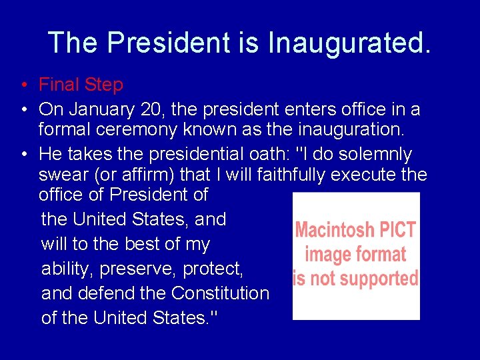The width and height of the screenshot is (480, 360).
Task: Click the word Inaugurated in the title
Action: pyautogui.click(x=349, y=43)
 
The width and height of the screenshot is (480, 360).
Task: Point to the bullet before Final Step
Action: pyautogui.click(x=23, y=85)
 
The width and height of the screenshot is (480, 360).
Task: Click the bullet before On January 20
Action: pyautogui.click(x=23, y=109)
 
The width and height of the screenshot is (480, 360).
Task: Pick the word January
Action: pyautogui.click(x=101, y=109)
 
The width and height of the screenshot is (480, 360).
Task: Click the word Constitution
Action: pyautogui.click(x=220, y=293)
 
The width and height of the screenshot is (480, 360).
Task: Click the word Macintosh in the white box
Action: pyautogui.click(x=334, y=230)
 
